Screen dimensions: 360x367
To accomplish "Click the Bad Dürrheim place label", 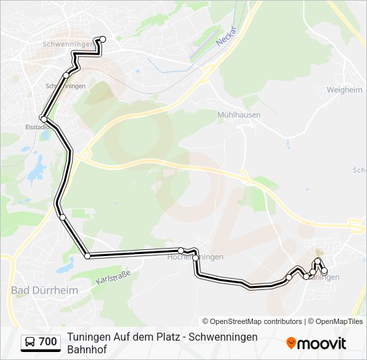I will click(45, 291).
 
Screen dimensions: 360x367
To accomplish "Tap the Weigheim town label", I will click(344, 89).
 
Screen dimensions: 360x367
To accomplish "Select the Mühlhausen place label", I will click(239, 115).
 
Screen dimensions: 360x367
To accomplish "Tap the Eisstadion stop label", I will click(37, 127).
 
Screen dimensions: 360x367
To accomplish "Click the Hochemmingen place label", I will click(195, 257).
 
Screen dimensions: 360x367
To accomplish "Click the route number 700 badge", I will click(47, 342).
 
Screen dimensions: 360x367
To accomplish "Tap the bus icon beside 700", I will click(31, 342).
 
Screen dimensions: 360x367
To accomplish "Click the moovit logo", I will click(316, 343).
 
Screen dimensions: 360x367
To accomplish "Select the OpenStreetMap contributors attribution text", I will click(252, 321).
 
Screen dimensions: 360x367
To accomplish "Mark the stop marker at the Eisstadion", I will click(43, 119).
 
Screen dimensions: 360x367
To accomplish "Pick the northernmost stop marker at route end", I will click(103, 39).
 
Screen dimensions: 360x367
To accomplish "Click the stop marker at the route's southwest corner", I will click(87, 255).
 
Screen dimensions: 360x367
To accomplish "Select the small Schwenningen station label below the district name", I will click(65, 87).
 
